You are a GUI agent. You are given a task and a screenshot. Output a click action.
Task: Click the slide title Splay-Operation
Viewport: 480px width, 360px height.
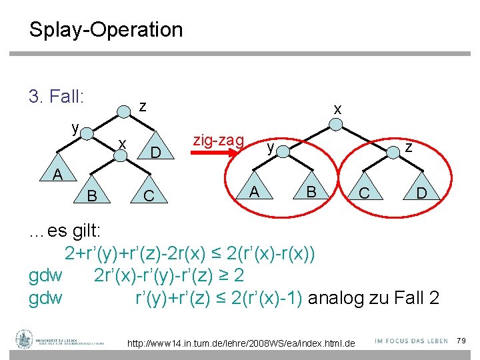pyautogui.click(x=105, y=30)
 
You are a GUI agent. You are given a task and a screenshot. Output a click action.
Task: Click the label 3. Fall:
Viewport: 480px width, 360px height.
pyautogui.click(x=57, y=97)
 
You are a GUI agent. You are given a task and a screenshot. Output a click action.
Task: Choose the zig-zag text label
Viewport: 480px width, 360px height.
pyautogui.click(x=218, y=139)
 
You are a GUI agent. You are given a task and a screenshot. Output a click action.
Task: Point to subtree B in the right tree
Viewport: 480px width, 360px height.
pyautogui.click(x=311, y=193)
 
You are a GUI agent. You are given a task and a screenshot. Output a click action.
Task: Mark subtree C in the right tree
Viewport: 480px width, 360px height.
pyautogui.click(x=364, y=194)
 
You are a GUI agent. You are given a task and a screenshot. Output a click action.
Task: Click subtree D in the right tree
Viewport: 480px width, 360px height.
pyautogui.click(x=421, y=194)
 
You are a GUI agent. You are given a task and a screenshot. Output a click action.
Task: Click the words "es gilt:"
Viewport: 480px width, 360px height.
pyautogui.click(x=74, y=231)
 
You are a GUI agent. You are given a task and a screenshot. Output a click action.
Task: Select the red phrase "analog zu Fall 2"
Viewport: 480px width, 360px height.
pyautogui.click(x=373, y=297)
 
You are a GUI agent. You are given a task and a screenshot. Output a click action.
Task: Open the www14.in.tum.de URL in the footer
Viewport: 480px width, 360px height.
pyautogui.click(x=241, y=343)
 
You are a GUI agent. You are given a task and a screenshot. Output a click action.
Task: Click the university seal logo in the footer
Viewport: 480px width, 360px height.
pyautogui.click(x=24, y=339)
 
